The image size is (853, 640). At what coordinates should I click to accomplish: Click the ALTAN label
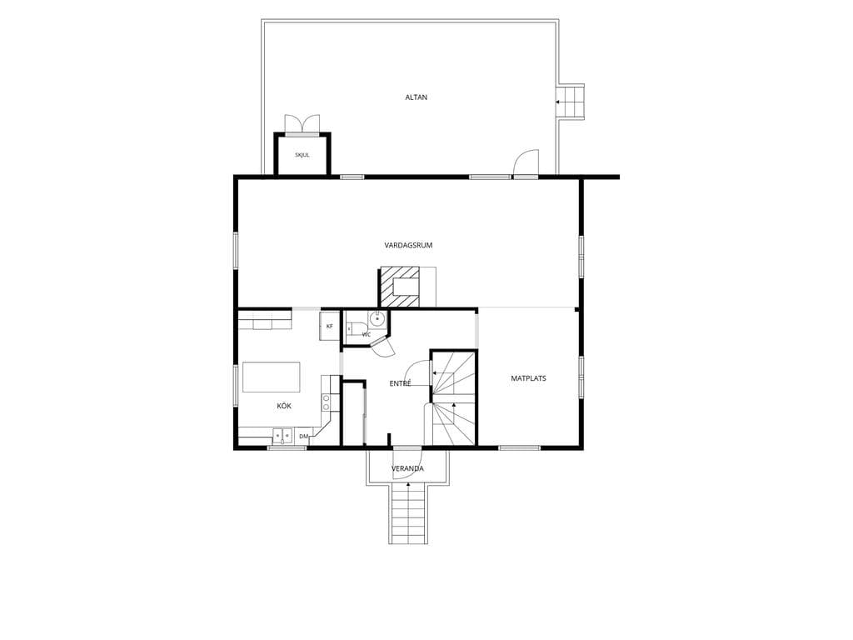(417, 97)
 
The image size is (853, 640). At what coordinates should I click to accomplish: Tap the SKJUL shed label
(302, 155)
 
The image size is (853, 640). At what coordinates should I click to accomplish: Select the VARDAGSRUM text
(408, 246)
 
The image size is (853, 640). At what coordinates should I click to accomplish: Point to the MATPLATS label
(528, 378)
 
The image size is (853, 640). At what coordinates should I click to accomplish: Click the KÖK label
(284, 406)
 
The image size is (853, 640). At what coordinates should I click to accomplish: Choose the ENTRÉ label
(400, 383)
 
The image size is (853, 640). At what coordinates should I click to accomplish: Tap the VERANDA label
(407, 468)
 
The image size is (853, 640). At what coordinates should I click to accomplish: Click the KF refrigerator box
(329, 326)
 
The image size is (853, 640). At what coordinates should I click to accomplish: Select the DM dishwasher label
(303, 436)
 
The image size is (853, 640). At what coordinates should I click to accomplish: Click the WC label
(367, 335)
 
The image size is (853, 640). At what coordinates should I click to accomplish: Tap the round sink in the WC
(377, 317)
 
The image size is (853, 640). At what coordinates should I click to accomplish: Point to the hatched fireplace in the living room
(400, 287)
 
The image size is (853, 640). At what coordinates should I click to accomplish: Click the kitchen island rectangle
(272, 377)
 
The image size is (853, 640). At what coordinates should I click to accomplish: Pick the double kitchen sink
(282, 436)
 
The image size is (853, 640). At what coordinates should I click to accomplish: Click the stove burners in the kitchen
(326, 402)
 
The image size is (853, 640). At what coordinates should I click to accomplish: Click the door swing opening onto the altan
(526, 162)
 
